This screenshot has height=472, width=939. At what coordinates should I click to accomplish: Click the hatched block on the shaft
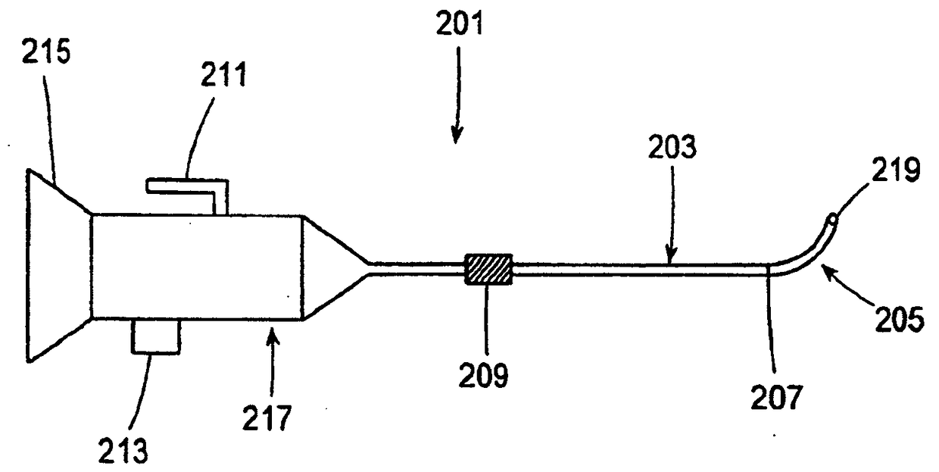click(487, 270)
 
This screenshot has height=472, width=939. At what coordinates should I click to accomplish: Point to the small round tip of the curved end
click(834, 219)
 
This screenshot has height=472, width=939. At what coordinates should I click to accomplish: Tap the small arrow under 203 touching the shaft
click(669, 252)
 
